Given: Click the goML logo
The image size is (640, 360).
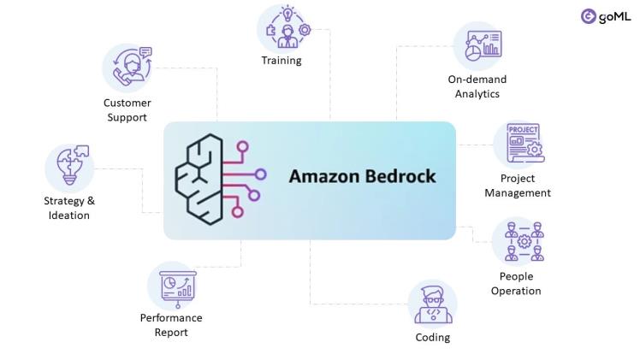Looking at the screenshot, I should coord(605,16).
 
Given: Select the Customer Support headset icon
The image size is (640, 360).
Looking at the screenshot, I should coord(127,68).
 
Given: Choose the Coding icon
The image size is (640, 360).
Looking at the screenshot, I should coord(432,305).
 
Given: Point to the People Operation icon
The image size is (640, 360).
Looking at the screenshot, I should coord(518,241).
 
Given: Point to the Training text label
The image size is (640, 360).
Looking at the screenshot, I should coord(281,61).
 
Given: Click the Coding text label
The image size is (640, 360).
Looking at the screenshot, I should coord(432,338).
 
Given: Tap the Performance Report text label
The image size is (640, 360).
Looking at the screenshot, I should coord(171,325).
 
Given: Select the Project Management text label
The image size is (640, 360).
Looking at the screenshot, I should coord(518,186).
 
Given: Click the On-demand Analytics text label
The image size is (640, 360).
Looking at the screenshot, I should coord(477,87).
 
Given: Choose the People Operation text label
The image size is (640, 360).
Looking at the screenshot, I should coord(516,284).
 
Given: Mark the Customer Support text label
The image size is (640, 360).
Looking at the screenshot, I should coord(127,110).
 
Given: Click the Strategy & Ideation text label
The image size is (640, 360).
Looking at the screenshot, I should coord(69,208).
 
